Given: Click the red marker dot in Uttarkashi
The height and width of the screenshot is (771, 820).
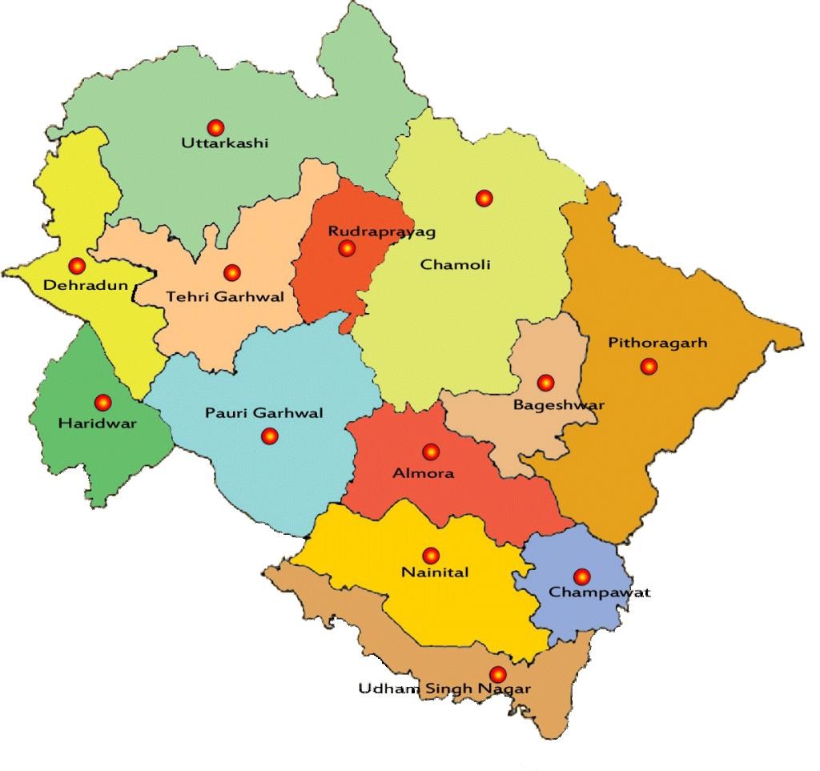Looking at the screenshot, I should point(215,126).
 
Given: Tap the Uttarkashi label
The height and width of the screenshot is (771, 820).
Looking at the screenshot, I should point(225,144).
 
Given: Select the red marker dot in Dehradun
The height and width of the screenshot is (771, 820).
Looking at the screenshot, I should point(77,266).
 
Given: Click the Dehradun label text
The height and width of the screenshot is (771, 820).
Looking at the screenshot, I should point(86,285).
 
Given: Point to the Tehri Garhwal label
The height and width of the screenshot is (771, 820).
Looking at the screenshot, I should point(225,297).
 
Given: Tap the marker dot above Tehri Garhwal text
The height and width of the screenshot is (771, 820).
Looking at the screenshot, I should point(231,273).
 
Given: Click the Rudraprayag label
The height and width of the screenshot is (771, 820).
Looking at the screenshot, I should point(382,231).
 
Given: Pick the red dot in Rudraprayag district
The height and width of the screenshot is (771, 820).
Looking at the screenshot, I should point(347,248).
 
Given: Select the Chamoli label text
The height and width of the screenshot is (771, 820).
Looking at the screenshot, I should point(455,265).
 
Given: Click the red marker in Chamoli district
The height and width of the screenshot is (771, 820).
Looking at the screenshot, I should point(484,198).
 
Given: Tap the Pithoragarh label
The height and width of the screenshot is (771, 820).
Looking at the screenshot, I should point(658,343).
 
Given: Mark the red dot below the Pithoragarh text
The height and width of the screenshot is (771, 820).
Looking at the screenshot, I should point(649,367).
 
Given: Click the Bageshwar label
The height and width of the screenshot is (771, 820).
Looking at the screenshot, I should point(559,405).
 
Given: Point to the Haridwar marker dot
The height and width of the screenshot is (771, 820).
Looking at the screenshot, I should point(102,403).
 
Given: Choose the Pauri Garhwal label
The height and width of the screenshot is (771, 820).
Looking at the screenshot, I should point(264,413).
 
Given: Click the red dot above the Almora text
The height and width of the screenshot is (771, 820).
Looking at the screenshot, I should point(431,452).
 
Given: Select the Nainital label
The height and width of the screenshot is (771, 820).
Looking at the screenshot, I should point(435,573).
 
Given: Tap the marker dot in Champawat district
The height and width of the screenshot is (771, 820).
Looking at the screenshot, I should point(581,576).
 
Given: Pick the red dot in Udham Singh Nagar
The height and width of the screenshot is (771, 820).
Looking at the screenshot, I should point(497,674).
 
